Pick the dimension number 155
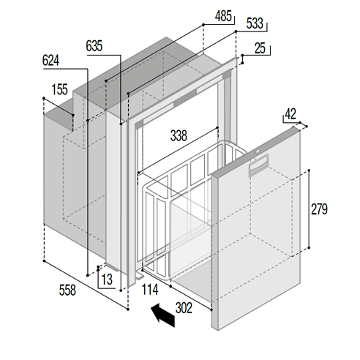pos(60,90)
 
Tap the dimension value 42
pos(291,113)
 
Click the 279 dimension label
pos(320,209)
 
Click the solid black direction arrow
pos(162,315)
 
